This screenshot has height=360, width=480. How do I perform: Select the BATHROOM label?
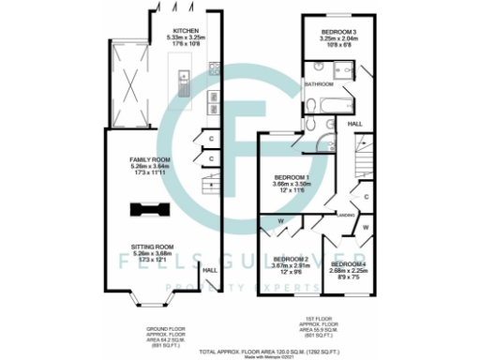click(321, 84)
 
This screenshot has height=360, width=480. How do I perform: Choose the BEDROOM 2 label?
click(290, 259)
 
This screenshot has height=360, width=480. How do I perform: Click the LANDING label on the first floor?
click(346, 215)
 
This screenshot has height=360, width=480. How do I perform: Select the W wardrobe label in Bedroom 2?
click(280, 222)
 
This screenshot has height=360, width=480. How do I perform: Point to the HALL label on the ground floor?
click(209, 271)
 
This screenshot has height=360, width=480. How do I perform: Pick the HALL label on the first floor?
click(355, 123)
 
